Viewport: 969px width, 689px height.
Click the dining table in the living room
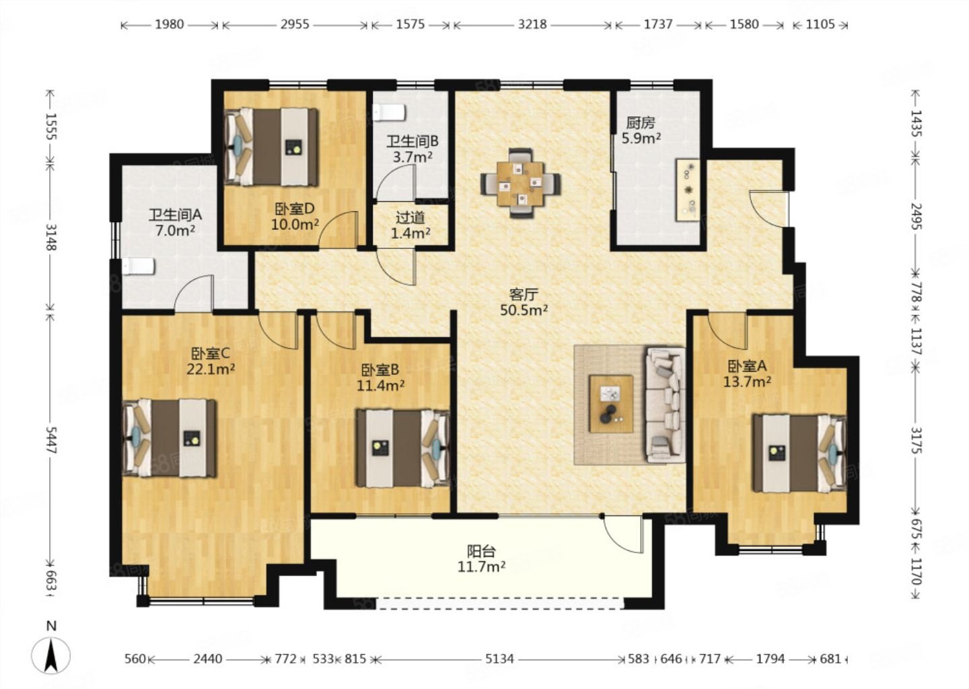pyautogui.click(x=520, y=183)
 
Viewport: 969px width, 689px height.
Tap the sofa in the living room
pyautogui.click(x=666, y=404)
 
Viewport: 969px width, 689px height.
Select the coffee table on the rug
pyautogui.click(x=611, y=404)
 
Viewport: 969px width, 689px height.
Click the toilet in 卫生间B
pyautogui.click(x=390, y=112)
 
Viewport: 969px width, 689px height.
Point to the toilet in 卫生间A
pyautogui.click(x=139, y=266)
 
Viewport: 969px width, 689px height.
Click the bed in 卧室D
pyautogui.click(x=272, y=147)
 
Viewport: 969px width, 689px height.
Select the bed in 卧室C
pyautogui.click(x=170, y=438)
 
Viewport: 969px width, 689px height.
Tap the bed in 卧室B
pyautogui.click(x=403, y=448)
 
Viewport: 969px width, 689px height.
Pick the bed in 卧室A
pyautogui.click(x=799, y=453)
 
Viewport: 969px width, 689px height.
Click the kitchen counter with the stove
pyautogui.click(x=688, y=190)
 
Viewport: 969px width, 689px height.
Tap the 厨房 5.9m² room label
pyautogui.click(x=641, y=131)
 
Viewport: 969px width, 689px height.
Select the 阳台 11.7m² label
pyautogui.click(x=482, y=559)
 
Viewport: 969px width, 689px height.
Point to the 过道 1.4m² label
pyautogui.click(x=410, y=225)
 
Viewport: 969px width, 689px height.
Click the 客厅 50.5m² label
pyautogui.click(x=524, y=302)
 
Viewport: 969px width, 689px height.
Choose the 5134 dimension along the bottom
pyautogui.click(x=499, y=659)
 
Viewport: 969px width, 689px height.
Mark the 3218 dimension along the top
pyautogui.click(x=532, y=24)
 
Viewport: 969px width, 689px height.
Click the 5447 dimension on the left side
pyautogui.click(x=50, y=439)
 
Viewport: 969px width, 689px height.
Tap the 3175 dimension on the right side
pyautogui.click(x=917, y=440)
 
